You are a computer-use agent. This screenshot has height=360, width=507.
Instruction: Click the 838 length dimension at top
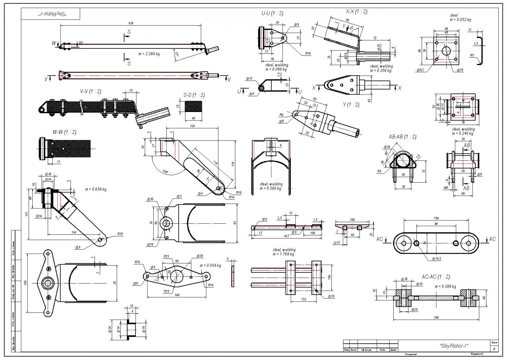(131, 23)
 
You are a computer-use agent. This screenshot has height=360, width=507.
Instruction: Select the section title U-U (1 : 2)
(272, 13)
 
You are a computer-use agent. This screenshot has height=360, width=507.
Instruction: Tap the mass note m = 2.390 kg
(149, 54)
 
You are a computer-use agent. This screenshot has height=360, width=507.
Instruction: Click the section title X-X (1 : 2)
(356, 12)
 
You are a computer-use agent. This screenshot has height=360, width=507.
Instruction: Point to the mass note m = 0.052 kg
(460, 20)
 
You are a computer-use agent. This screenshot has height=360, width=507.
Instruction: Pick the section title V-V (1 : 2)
(91, 91)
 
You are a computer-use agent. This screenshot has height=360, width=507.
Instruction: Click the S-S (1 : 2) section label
(194, 95)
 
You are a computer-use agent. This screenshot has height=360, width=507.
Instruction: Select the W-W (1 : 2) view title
(64, 132)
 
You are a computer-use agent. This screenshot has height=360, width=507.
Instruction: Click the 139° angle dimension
(165, 172)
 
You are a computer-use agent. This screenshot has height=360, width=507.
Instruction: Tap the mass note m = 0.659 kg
(96, 189)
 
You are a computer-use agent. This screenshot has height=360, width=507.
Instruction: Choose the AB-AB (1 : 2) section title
(402, 137)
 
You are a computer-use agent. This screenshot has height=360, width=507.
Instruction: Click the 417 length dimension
(286, 236)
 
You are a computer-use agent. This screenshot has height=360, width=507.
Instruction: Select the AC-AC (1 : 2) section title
(435, 277)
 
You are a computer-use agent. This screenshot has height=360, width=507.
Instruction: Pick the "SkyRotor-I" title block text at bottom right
(454, 346)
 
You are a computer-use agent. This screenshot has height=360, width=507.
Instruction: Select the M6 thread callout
(446, 188)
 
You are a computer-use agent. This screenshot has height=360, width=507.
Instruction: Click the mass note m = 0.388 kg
(445, 286)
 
